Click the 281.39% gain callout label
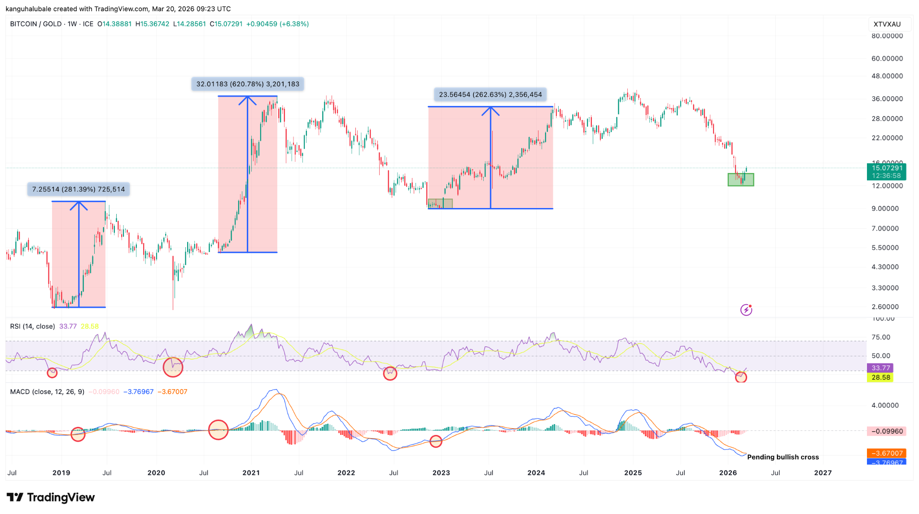[79, 190]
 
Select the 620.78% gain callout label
[248, 84]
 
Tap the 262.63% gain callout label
[490, 95]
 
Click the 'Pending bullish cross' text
[783, 457]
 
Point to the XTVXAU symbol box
[887, 24]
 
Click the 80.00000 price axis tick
[887, 36]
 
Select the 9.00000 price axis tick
[885, 208]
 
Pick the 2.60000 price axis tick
[885, 307]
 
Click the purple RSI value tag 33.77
[880, 368]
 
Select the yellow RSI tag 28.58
[880, 377]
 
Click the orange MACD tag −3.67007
[886, 453]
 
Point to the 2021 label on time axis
[251, 473]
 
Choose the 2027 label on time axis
[823, 473]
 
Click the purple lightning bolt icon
[746, 310]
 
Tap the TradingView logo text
[51, 497]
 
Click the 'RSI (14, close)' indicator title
[32, 326]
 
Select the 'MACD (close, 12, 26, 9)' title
[47, 392]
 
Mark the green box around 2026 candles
[740, 180]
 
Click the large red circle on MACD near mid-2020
[218, 430]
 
